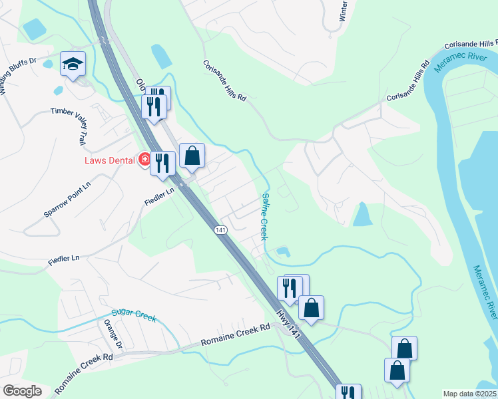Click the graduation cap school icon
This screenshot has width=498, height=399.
pos(73,64)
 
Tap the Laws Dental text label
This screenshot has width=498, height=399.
pos(109,160)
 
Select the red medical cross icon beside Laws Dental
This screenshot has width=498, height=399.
pos(144,160)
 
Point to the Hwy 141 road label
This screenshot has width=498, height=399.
pos(289,322)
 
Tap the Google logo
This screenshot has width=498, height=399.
pos(22,391)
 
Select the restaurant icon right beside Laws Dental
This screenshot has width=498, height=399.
pos(162,163)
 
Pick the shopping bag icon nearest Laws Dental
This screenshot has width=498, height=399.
pos(192,156)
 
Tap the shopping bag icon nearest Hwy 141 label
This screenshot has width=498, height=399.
pos(311,308)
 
